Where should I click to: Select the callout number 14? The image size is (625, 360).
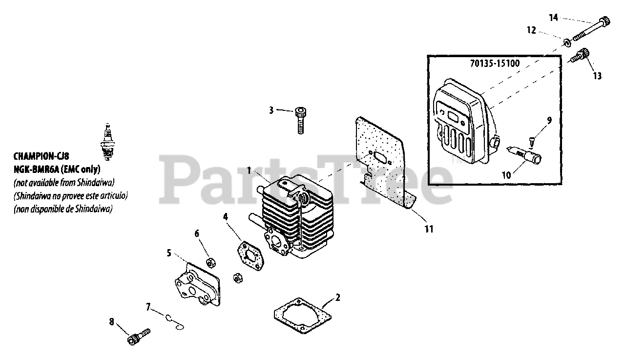(553, 18)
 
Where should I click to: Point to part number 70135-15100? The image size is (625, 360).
(495, 63)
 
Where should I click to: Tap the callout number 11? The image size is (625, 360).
(429, 228)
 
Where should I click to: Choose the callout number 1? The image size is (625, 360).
(249, 170)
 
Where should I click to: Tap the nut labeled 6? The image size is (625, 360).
(212, 262)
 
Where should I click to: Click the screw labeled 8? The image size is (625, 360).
(138, 336)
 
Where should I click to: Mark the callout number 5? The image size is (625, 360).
(168, 253)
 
